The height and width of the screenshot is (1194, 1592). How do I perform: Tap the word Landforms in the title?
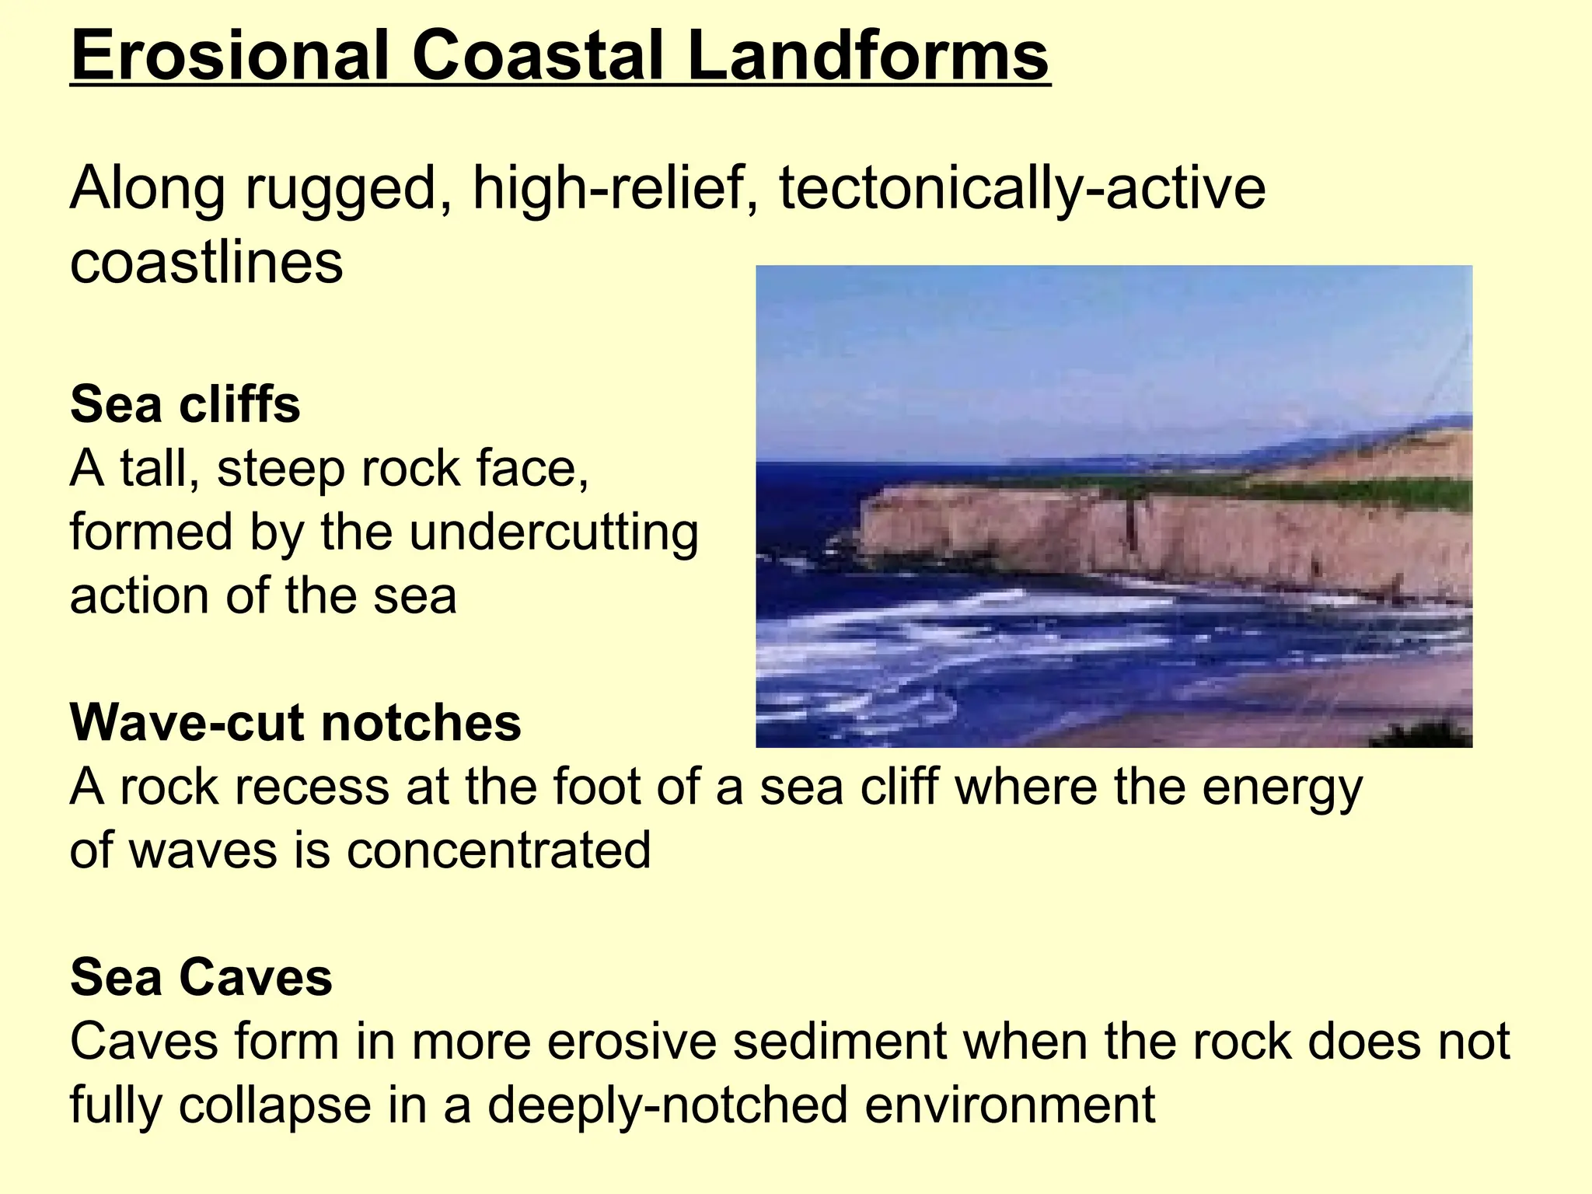click(x=868, y=56)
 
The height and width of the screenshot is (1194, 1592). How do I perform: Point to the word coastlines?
click(x=206, y=263)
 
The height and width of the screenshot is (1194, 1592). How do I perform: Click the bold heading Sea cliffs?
click(x=185, y=405)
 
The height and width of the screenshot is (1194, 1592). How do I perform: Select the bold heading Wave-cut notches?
click(x=295, y=723)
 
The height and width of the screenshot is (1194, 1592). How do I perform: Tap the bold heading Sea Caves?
click(x=201, y=977)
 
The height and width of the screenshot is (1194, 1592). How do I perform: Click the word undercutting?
click(x=553, y=533)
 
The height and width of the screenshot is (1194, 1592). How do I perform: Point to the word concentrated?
click(x=498, y=850)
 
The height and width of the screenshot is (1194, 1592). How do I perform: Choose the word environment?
click(x=1010, y=1105)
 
